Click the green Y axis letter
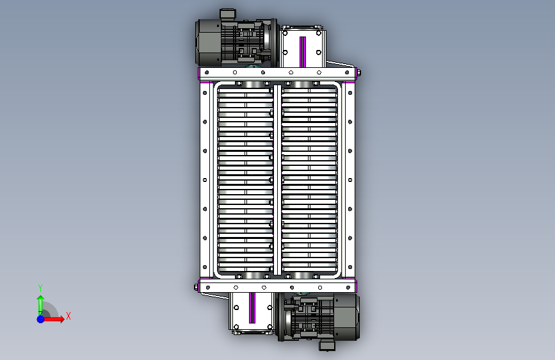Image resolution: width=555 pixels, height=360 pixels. click(40, 288)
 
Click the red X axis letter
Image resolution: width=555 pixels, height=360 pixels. click(68, 316)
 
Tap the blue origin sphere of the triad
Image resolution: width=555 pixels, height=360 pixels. click(41, 319)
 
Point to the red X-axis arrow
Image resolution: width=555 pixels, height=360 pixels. click(53, 319)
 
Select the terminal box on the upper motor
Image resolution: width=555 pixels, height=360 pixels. click(228, 13)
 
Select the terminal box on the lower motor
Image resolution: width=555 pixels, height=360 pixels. click(327, 345)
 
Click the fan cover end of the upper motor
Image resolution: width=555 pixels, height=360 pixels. click(208, 42)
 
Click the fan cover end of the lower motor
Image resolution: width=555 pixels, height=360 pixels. click(346, 317)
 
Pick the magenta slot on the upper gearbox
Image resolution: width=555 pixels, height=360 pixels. click(303, 52)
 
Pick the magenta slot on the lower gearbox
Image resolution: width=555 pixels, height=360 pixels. click(252, 308)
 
